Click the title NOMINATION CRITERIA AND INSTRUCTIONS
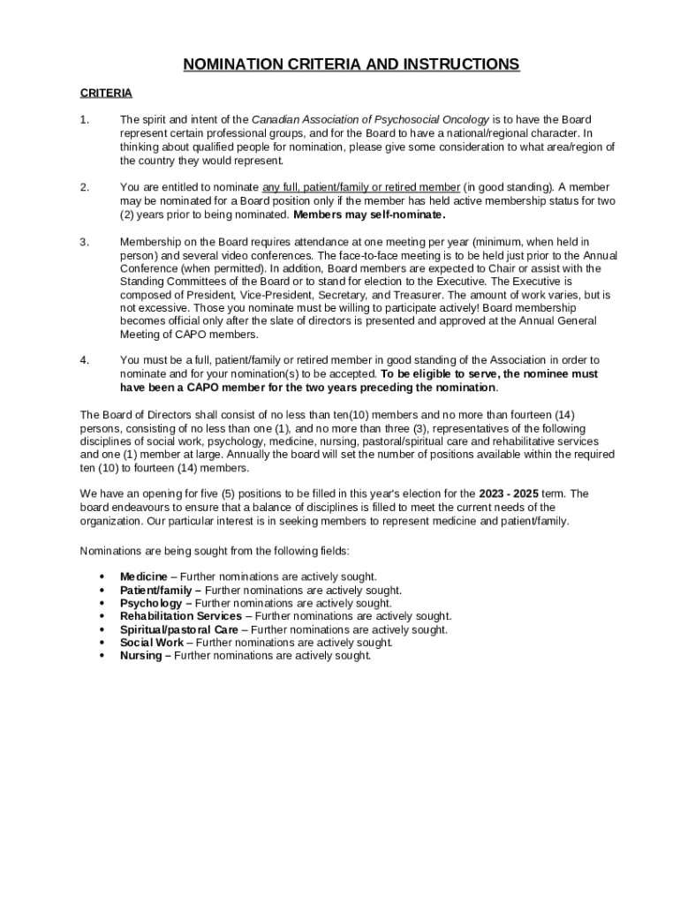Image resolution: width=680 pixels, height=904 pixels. pos(351,64)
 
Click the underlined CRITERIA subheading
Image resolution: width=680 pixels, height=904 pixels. pos(106,93)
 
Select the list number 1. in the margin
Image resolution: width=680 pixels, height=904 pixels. pos(85,119)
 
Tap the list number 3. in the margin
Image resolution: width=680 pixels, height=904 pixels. pos(85,241)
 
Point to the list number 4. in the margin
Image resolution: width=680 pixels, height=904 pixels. pos(85,360)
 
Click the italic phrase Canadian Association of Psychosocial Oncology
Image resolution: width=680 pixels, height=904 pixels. pos(358,119)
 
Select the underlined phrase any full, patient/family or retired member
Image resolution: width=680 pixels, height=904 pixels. pos(361,187)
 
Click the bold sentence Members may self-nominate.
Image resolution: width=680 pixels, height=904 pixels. pos(369,215)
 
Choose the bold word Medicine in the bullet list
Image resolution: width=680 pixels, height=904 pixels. pos(143,576)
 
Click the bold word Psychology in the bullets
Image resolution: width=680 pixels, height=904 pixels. pos(151,603)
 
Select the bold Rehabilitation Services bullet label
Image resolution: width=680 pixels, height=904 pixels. pos(180,616)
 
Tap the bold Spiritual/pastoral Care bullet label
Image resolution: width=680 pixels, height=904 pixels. pos(179,629)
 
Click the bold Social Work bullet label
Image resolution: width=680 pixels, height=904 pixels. pos(151,643)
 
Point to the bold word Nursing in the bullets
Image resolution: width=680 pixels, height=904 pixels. pos(140,656)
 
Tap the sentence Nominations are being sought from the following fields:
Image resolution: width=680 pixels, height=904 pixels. pos(215,551)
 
